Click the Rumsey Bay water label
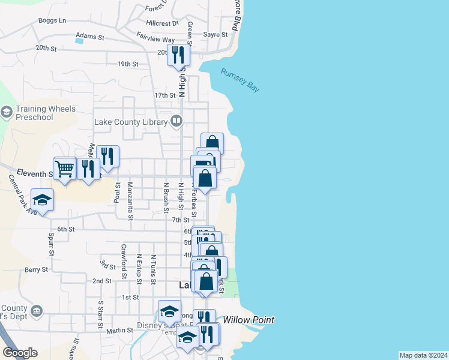click(240, 80)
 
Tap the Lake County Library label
click(131, 122)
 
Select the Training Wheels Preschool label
click(46, 113)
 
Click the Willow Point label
click(249, 320)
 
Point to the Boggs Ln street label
click(52, 20)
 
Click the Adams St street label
click(90, 37)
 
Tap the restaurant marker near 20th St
click(178, 55)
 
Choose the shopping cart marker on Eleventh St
click(64, 168)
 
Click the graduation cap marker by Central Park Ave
click(42, 199)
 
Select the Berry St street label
click(36, 271)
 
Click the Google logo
click(20, 353)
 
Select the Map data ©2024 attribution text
click(423, 355)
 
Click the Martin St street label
click(119, 331)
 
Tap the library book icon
click(176, 122)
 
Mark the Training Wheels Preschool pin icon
click(7, 112)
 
